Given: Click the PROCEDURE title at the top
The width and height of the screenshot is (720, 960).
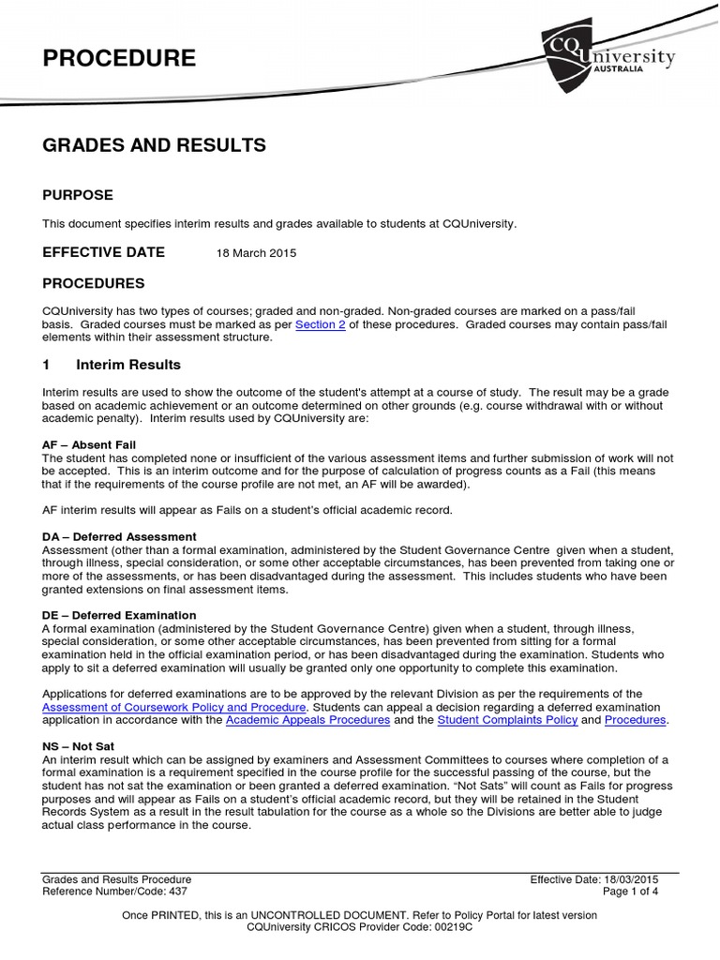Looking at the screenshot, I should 119,59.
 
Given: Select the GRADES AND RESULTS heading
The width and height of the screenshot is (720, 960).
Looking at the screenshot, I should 155,145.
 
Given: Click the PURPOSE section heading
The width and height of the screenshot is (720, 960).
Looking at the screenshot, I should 78,195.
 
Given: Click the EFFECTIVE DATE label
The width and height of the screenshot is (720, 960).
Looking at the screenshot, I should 104,252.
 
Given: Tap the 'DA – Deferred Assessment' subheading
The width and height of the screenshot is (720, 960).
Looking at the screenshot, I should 119,536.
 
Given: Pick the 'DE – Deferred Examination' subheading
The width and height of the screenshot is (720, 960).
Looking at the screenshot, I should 120,615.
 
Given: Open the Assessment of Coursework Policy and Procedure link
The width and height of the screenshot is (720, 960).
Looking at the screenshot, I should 174,707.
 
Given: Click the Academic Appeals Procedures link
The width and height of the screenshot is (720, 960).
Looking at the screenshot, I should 308,720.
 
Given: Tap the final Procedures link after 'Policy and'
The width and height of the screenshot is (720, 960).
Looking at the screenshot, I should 635,720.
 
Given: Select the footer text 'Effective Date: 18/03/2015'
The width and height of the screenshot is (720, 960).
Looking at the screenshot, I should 594,879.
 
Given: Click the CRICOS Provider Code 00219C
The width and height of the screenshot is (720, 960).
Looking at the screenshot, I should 359,926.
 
